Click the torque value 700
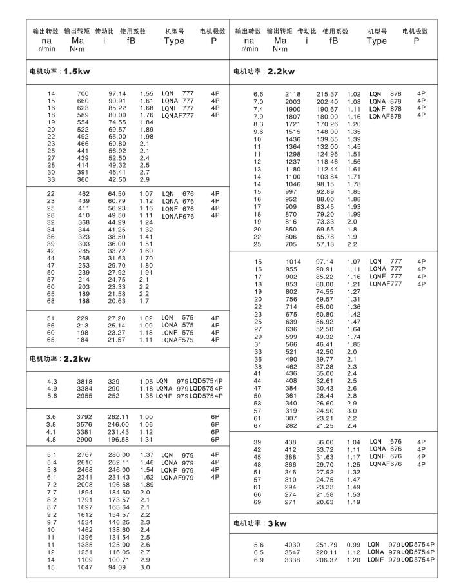83,94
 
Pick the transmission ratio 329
113,382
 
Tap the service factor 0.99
354,545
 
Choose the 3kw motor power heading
260,523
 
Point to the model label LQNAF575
178,339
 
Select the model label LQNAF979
178,477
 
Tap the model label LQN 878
385,94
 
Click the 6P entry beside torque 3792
215,417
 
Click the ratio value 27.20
117,318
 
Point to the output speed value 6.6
259,94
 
